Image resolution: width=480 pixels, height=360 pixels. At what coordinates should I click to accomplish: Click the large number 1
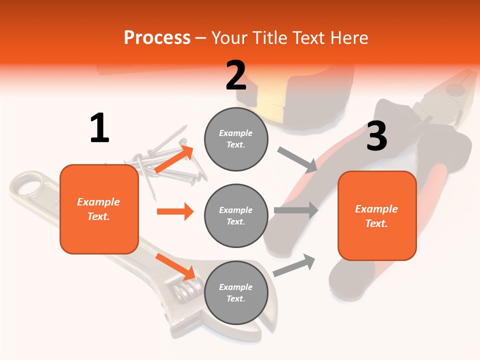(99, 128)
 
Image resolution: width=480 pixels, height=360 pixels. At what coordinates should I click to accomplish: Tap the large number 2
(236, 75)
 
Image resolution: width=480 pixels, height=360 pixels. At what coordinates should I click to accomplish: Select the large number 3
(376, 136)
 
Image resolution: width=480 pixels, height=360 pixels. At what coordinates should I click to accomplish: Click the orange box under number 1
(99, 209)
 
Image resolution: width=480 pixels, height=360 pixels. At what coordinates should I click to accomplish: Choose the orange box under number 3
(377, 215)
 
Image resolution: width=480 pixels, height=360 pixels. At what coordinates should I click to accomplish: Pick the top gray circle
(236, 139)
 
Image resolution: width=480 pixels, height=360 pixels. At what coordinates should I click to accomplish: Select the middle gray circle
(236, 215)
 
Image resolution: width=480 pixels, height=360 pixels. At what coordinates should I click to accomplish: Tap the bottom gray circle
(236, 292)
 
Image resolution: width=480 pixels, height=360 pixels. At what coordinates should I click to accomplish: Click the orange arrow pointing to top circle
(174, 159)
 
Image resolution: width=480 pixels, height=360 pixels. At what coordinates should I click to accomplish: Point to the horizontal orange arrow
(175, 211)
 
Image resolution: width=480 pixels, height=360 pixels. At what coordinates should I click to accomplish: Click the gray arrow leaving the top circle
(297, 160)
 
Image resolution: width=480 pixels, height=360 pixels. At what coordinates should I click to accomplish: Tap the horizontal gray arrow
(296, 210)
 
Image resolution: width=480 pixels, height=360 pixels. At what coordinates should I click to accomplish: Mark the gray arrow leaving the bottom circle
(294, 265)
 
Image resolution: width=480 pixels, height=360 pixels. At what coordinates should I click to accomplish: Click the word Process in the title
(157, 38)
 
